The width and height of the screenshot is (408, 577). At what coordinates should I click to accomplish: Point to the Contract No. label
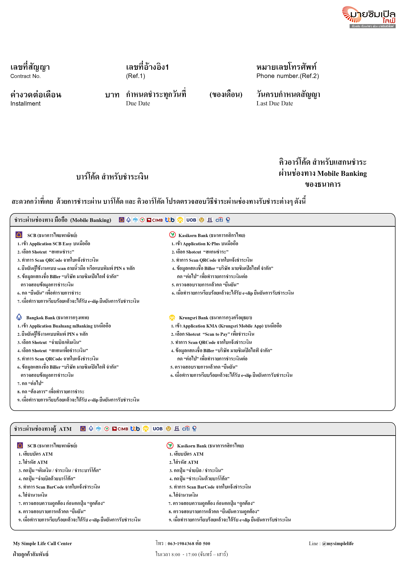click(x=25, y=76)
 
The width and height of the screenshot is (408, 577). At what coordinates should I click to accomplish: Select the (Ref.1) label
click(x=136, y=76)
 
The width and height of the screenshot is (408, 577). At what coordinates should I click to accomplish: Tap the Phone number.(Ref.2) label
click(x=287, y=76)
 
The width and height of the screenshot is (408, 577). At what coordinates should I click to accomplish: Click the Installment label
click(x=25, y=103)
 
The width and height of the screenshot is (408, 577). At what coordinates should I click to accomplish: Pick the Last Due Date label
click(x=275, y=103)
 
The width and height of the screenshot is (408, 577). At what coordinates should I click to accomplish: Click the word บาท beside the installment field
click(x=112, y=95)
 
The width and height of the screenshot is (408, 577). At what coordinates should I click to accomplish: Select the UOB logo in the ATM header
click(x=158, y=429)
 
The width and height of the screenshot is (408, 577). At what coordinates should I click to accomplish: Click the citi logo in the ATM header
click(x=186, y=429)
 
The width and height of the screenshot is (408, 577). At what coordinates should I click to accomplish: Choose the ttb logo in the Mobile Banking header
click(x=170, y=220)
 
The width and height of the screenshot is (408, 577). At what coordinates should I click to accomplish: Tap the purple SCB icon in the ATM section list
click(x=20, y=446)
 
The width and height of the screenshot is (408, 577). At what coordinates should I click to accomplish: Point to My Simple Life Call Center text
click(x=42, y=544)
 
